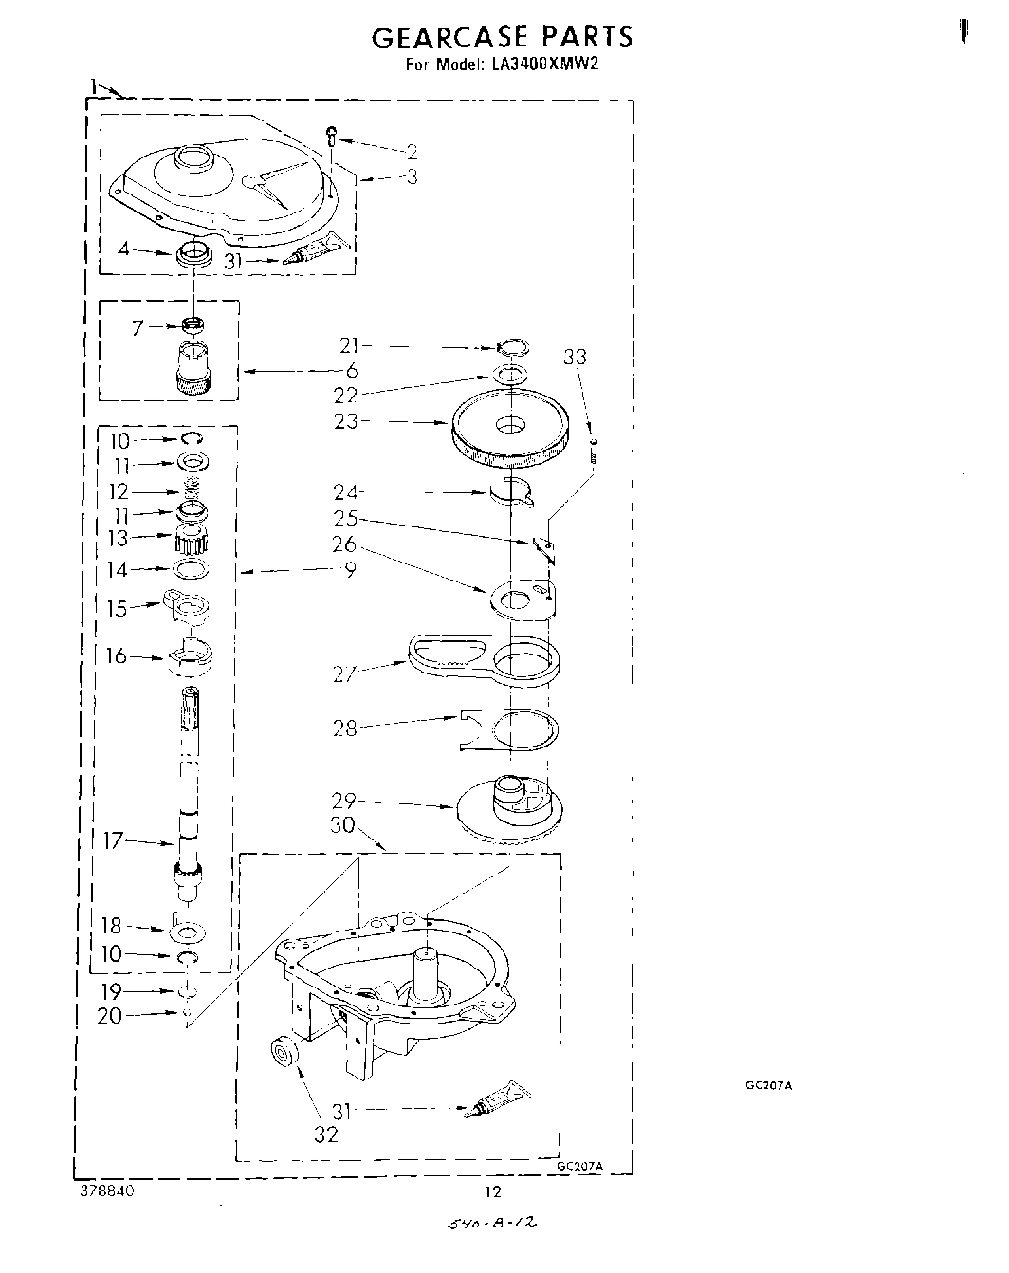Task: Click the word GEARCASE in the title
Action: (448, 37)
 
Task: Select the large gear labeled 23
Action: (510, 432)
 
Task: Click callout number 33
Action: (575, 358)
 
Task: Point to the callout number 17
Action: (113, 840)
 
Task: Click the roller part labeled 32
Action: (284, 1054)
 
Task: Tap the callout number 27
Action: (344, 673)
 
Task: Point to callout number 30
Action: (342, 825)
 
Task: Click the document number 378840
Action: (107, 1191)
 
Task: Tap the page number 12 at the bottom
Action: (492, 1192)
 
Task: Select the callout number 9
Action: (350, 570)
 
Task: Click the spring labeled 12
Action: (193, 489)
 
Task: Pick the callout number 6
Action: (350, 371)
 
